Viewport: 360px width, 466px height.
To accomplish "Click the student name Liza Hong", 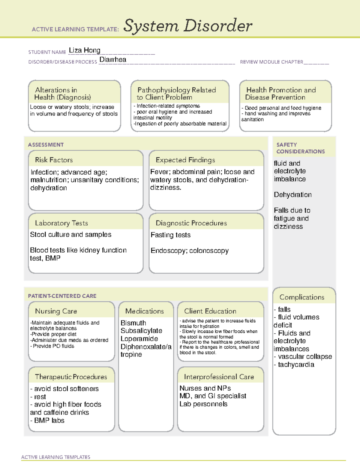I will [84, 50].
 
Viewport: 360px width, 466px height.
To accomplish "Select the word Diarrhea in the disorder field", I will [112, 60].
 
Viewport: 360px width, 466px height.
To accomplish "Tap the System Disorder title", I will [187, 26].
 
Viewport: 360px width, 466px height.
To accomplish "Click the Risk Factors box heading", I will [54, 160].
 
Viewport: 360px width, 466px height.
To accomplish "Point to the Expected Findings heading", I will [185, 160].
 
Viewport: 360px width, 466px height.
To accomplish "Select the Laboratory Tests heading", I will [61, 223].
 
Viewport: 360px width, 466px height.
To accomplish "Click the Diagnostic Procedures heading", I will [191, 223].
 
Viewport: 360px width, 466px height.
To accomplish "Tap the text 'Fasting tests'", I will [170, 235].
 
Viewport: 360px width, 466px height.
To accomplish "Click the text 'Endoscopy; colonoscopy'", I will [190, 251].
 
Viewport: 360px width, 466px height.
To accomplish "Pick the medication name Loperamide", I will [139, 339].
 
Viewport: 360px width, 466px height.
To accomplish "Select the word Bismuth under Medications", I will [133, 323].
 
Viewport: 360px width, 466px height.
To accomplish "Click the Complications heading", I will [301, 297].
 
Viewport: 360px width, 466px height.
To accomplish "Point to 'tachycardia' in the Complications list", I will [296, 365].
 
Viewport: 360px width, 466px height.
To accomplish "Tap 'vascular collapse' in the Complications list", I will [305, 356].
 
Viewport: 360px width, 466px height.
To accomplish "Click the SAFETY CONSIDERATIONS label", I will [300, 148].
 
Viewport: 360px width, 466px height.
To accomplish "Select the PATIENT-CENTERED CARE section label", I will [62, 296].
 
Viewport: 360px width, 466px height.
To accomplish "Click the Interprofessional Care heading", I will [219, 377].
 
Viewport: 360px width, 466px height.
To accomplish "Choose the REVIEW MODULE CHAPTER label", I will [271, 62].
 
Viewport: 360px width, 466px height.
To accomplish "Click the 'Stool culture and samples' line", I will [70, 235].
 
